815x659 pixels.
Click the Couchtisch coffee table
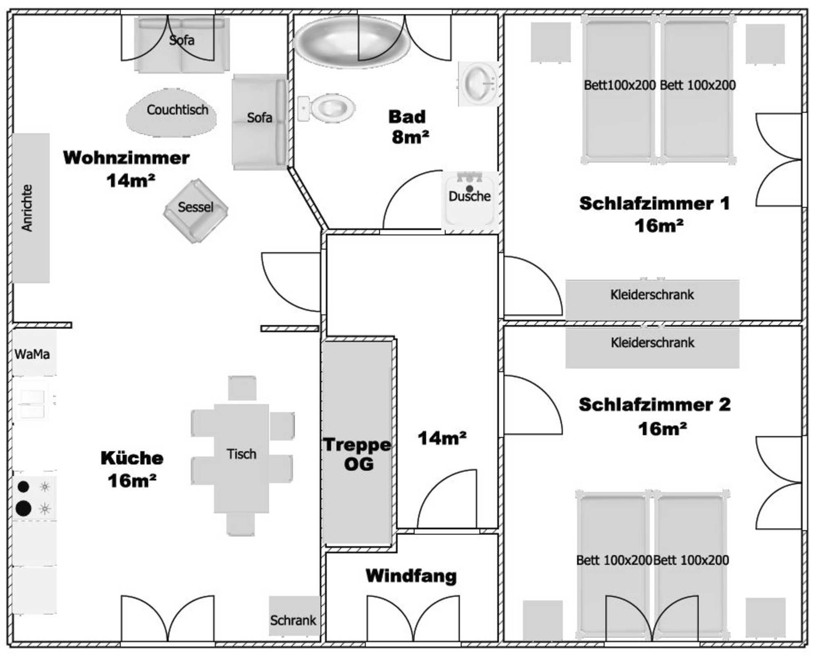coord(171,112)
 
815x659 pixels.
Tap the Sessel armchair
coord(196,210)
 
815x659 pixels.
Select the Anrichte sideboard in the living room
coord(31,208)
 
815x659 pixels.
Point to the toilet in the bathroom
coord(327,108)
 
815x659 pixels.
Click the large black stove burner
coord(23,508)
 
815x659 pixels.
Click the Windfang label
coord(411,575)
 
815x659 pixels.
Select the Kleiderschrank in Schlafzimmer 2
coord(652,346)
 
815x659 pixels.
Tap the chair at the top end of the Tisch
coord(242,388)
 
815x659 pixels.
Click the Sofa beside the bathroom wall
coord(259,122)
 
